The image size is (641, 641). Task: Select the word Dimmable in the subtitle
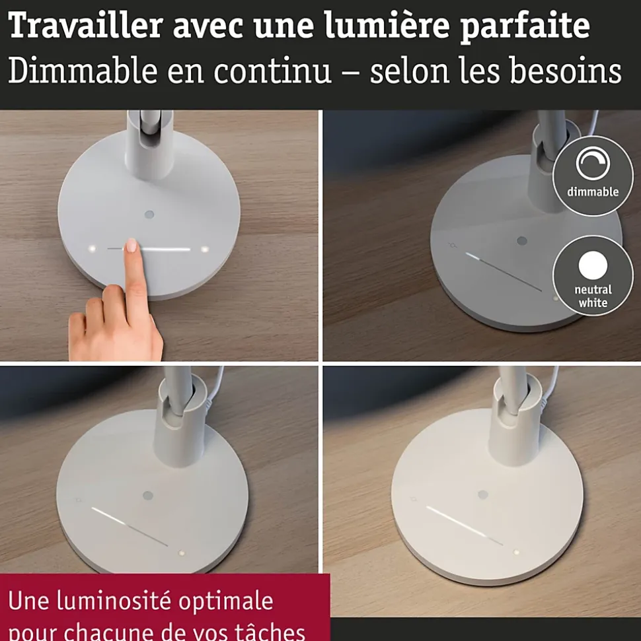click(x=83, y=71)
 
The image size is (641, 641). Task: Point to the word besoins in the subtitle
click(x=566, y=71)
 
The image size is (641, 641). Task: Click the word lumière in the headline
click(x=388, y=24)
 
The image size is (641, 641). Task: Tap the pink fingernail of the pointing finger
click(x=132, y=246)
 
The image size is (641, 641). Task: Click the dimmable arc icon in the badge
click(x=593, y=162)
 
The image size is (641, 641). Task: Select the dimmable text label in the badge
click(x=593, y=191)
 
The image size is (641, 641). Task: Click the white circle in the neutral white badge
click(x=593, y=265)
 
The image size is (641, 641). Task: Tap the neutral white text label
click(x=593, y=296)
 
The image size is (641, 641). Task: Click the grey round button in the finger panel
click(x=149, y=215)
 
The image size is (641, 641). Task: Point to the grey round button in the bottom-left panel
click(x=148, y=496)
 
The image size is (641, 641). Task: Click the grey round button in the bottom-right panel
click(x=483, y=494)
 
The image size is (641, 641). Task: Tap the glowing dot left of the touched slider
click(x=92, y=249)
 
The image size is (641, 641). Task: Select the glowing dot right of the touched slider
click(x=205, y=249)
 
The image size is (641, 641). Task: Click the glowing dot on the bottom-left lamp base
click(x=181, y=553)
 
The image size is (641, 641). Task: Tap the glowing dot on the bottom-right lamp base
click(x=517, y=553)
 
